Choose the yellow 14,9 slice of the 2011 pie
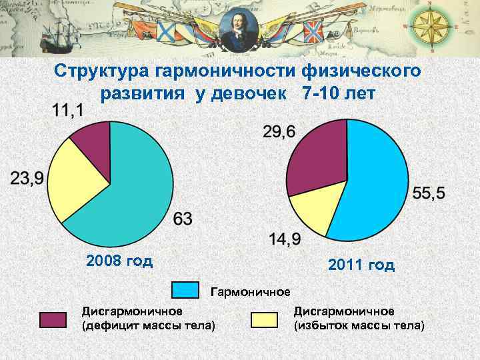click(313, 212)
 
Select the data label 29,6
click(279, 131)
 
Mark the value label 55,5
click(429, 193)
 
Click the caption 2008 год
click(119, 260)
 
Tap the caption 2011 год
click(361, 265)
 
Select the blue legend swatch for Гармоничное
click(185, 290)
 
